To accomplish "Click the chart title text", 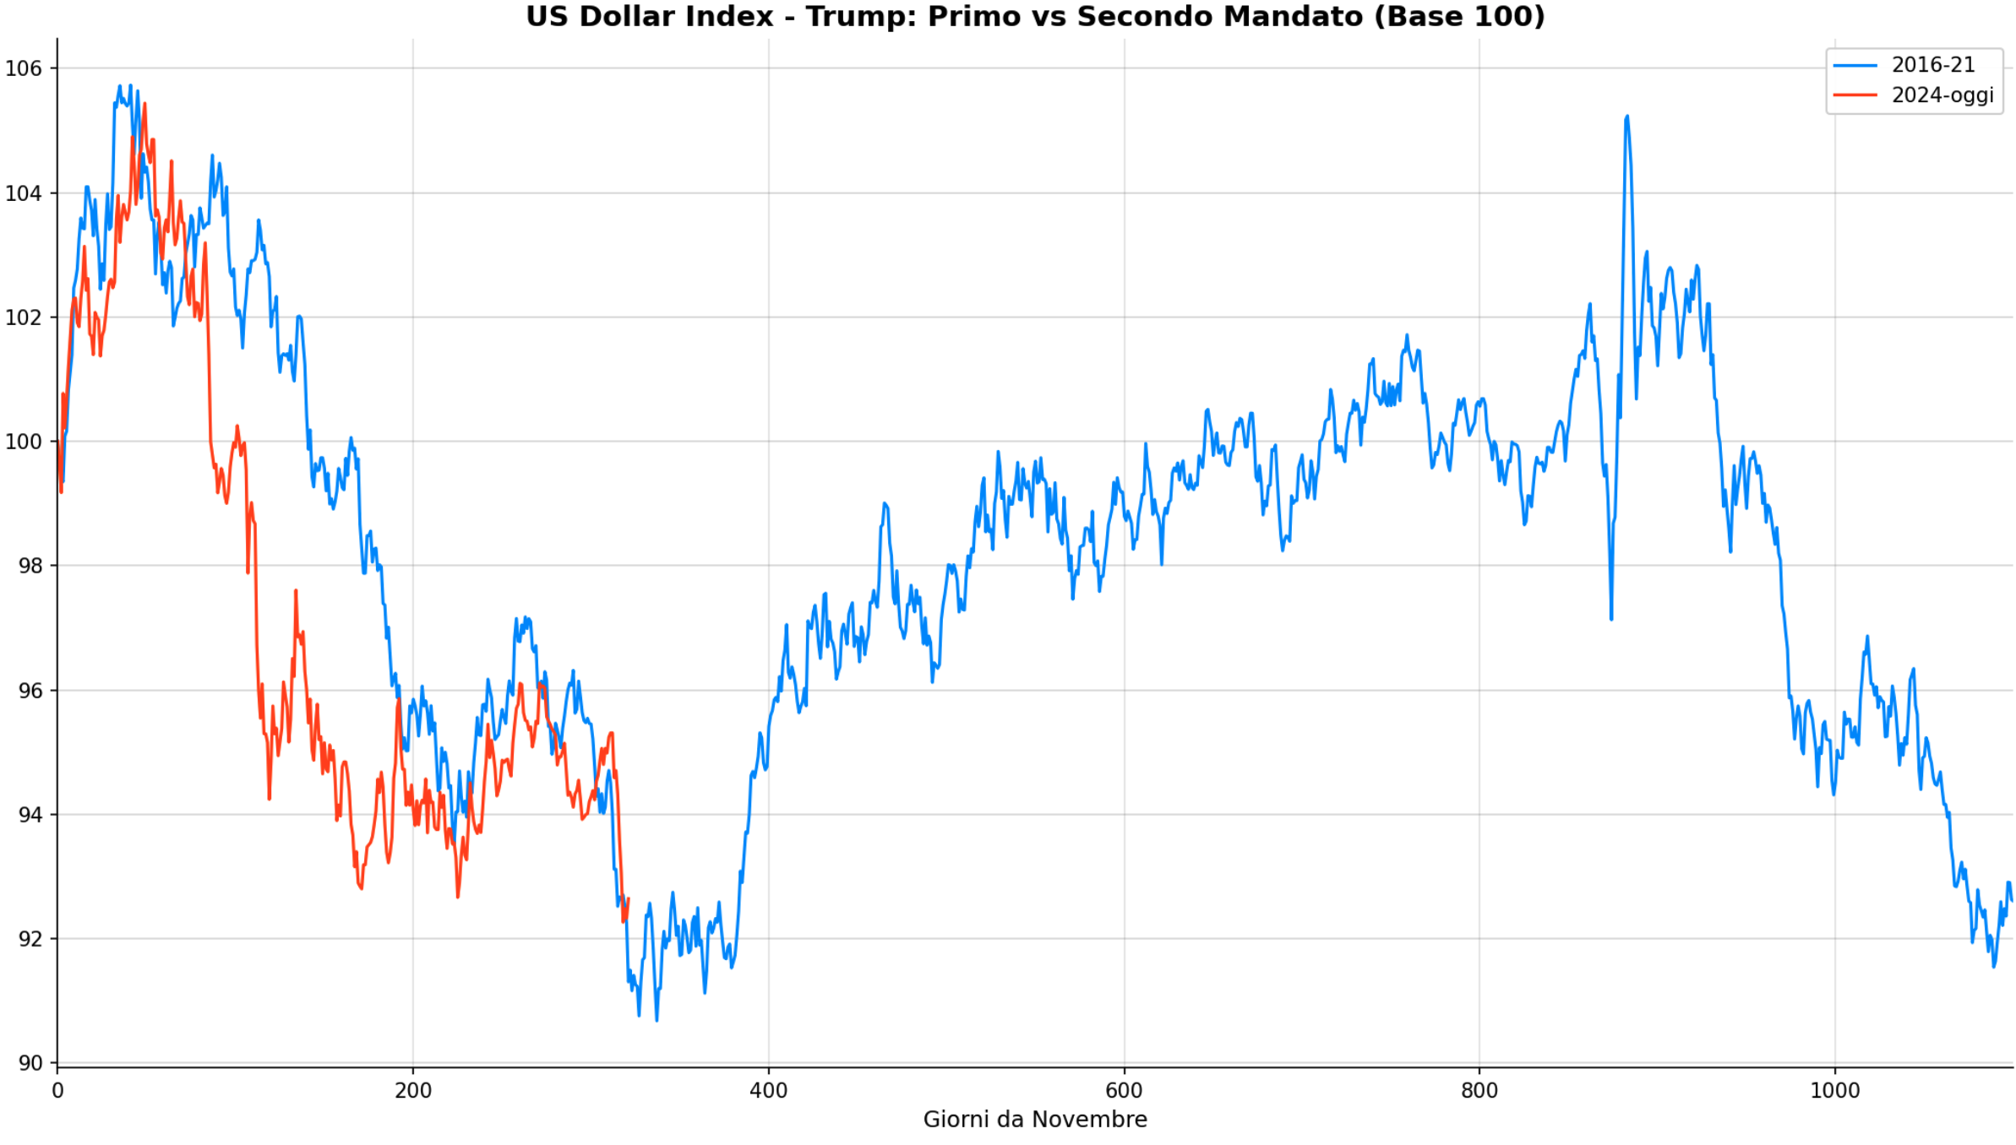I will [1035, 17].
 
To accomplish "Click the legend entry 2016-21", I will [1932, 65].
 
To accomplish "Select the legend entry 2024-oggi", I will [1942, 95].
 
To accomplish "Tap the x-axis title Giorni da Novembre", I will [1035, 1120].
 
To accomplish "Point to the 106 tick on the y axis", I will [24, 68].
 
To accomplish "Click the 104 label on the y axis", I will [24, 193].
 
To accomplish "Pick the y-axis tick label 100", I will [24, 442].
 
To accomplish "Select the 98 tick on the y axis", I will [30, 566].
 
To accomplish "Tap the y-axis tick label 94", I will [30, 815].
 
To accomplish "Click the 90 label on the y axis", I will [30, 1063].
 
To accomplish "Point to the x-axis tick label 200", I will [413, 1090].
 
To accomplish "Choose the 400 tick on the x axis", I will [769, 1090].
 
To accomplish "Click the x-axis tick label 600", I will [1124, 1090].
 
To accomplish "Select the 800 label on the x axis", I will [1479, 1090].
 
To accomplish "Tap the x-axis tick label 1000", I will [1834, 1090].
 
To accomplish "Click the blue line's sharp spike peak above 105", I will [1626, 117].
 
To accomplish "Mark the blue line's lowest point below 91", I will [657, 1020].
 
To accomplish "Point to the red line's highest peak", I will [144, 104].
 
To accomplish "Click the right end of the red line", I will [628, 899].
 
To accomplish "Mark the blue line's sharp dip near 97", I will [1611, 619].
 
